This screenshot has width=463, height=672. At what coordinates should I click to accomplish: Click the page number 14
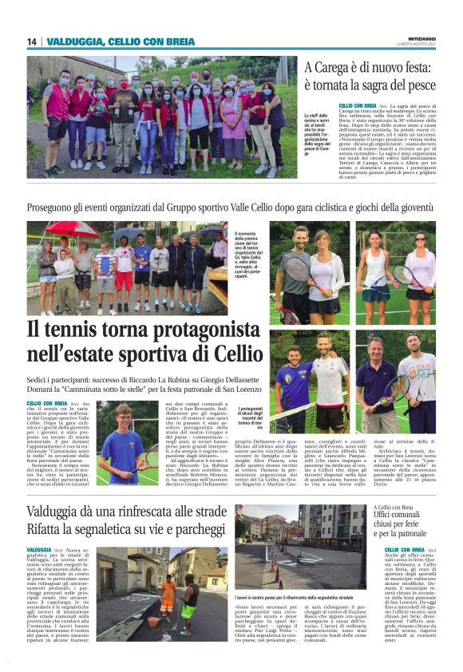(x=32, y=42)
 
